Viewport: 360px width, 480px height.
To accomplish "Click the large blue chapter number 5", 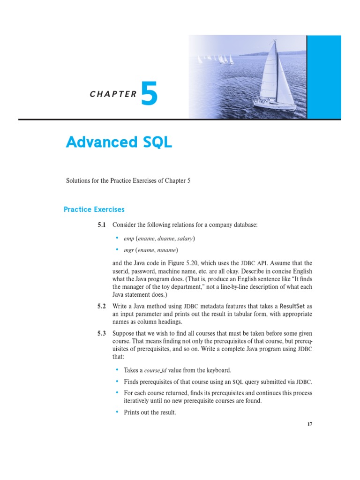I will coord(149,93).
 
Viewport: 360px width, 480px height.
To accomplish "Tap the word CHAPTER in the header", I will coord(113,94).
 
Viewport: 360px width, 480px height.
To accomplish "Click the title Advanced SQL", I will coord(119,142).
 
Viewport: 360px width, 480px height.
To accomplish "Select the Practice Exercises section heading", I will coord(94,209).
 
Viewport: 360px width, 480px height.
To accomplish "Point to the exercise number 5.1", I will coord(102,225).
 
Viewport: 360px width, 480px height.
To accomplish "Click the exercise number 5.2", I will coord(102,306).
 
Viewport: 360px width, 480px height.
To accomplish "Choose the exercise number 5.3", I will coord(102,333).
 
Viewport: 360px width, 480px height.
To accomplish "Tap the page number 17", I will coord(309,424).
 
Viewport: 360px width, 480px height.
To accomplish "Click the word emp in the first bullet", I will coord(128,239).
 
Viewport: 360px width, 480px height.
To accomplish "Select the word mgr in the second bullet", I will coord(128,251).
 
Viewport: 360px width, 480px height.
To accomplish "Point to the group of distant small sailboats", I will coord(216,60).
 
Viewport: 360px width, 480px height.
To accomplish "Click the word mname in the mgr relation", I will coord(168,251).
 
